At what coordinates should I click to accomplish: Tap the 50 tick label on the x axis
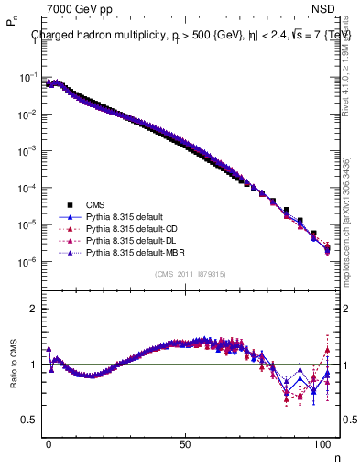point(186,442)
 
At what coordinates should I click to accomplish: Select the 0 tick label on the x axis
point(49,442)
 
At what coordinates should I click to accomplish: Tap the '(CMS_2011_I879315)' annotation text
point(191,274)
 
